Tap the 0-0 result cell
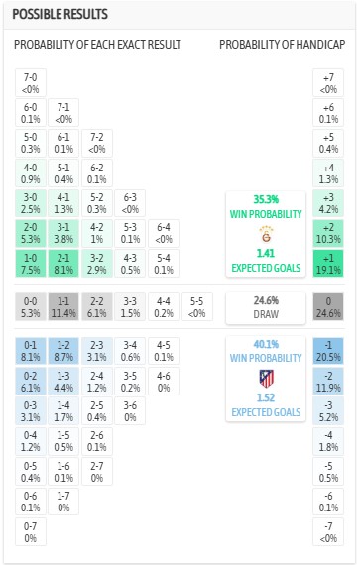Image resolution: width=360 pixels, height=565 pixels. pyautogui.click(x=30, y=307)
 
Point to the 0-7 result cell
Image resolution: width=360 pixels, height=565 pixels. pyautogui.click(x=30, y=531)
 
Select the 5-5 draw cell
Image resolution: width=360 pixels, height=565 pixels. pyautogui.click(x=197, y=307)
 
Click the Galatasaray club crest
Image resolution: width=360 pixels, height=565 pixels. pyautogui.click(x=264, y=236)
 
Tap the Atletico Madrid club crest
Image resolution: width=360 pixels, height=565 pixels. pyautogui.click(x=265, y=378)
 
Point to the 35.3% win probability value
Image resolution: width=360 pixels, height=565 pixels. pyautogui.click(x=264, y=198)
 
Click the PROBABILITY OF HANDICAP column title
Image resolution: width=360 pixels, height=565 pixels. pyautogui.click(x=282, y=46)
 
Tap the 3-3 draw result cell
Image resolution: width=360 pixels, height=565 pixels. pyautogui.click(x=130, y=307)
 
